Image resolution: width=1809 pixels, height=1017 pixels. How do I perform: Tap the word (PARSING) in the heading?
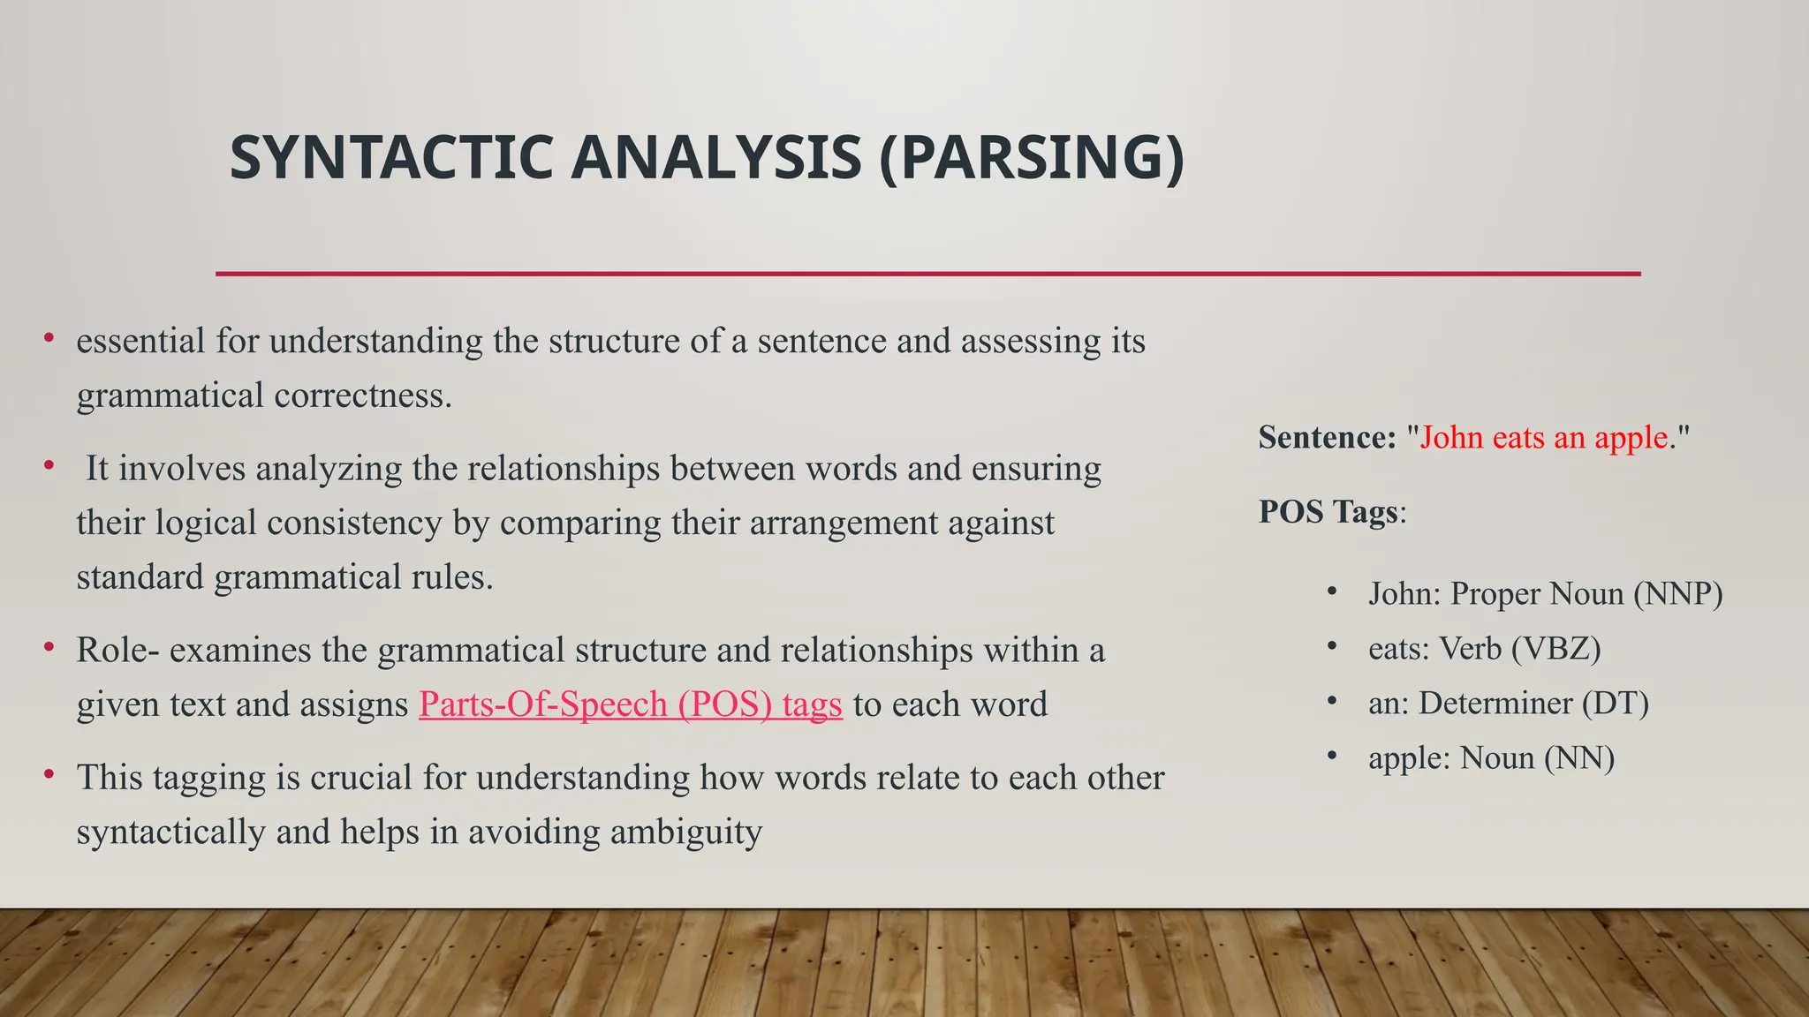[x=1032, y=158]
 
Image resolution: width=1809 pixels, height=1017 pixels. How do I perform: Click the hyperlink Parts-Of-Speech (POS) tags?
[x=630, y=704]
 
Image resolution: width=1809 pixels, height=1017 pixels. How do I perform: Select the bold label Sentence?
[x=1327, y=438]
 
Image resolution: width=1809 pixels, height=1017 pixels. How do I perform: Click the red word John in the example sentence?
[x=1451, y=438]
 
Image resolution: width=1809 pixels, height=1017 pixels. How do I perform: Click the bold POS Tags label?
[x=1328, y=512]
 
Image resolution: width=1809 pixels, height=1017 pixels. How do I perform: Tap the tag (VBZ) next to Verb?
[x=1555, y=649]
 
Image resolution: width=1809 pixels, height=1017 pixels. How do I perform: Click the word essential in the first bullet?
[x=140, y=341]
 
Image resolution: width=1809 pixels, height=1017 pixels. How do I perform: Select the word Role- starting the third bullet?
[x=117, y=651]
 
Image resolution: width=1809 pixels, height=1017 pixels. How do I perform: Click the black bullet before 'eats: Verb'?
[x=1332, y=647]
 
